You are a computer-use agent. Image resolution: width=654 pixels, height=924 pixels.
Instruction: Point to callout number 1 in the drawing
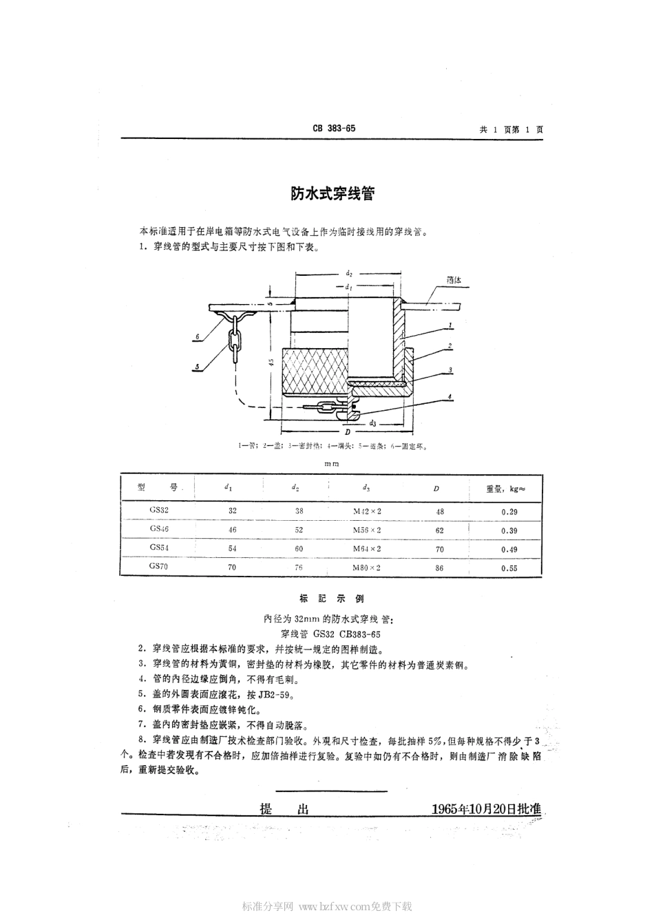[x=449, y=324]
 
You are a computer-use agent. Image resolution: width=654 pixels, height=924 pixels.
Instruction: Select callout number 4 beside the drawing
[x=449, y=396]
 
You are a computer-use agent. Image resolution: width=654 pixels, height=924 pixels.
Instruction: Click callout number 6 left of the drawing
[x=197, y=336]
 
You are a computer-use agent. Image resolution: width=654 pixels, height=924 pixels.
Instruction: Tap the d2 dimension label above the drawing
[x=349, y=273]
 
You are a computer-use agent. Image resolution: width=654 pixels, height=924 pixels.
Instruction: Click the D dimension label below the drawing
[x=348, y=431]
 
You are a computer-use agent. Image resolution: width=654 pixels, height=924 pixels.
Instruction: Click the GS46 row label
[x=159, y=528]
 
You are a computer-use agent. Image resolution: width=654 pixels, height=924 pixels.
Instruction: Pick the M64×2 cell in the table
[x=366, y=548]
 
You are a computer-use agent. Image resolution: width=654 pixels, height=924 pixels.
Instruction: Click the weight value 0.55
[x=509, y=568]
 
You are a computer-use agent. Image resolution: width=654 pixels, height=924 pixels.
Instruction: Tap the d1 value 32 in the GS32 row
[x=232, y=511]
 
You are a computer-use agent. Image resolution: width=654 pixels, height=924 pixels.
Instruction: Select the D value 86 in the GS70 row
[x=439, y=568]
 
